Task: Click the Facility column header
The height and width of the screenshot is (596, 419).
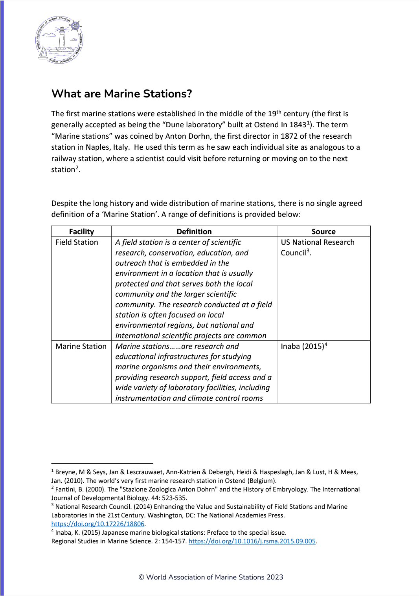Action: pos(81,231)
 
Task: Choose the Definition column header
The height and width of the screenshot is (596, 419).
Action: pos(194,231)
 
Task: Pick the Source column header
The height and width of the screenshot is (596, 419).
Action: pos(323,231)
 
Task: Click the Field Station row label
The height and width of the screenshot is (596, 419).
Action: pos(77,242)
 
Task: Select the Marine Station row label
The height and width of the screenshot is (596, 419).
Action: pos(81,347)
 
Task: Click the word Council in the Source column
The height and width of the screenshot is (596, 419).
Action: pos(293,253)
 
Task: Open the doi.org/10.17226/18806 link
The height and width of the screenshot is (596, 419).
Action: pos(98,524)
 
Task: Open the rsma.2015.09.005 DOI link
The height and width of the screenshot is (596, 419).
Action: pos(252,541)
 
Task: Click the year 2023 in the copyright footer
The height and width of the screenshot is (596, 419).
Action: pos(275,577)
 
